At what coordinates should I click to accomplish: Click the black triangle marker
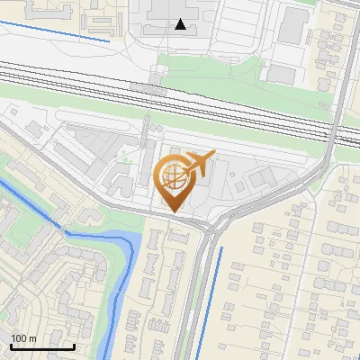coord(181,24)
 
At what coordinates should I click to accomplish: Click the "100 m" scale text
coord(23,338)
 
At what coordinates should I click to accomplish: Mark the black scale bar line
coord(42,346)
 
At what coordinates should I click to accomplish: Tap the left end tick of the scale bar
coord(11,345)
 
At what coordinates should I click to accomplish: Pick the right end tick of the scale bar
coord(74,345)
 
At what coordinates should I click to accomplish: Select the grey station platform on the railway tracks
coord(148,89)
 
